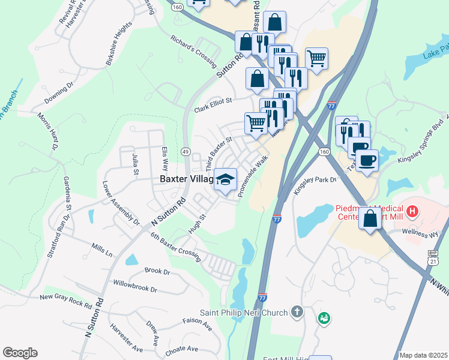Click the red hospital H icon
[412, 211]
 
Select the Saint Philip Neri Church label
[244, 313]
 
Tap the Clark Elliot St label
[212, 106]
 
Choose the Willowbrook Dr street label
[135, 285]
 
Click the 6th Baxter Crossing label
[175, 245]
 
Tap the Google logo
[20, 353]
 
